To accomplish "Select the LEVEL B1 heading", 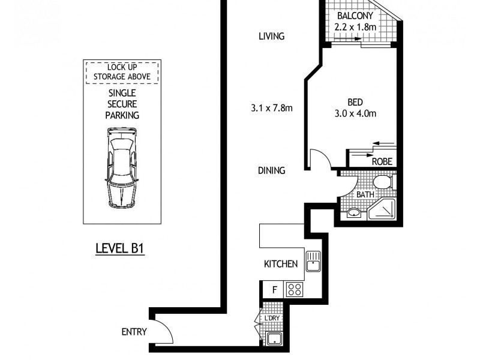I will click(x=122, y=248).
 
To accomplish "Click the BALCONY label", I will click(x=356, y=16).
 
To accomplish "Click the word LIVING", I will click(x=271, y=37).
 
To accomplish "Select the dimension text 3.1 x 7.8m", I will click(x=272, y=109).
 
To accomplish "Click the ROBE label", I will click(x=382, y=161).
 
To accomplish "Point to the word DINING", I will click(x=271, y=170).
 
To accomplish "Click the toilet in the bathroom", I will click(x=381, y=181).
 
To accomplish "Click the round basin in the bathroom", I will click(x=354, y=213).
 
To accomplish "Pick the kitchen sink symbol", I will click(x=314, y=261).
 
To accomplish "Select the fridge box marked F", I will click(x=274, y=290).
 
